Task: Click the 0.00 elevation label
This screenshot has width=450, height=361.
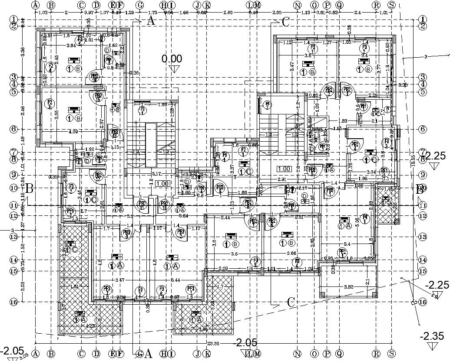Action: [172, 59]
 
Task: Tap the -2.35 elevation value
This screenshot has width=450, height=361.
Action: [432, 336]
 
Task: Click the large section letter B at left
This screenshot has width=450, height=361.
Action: [29, 189]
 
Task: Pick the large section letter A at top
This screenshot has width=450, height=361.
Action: [151, 20]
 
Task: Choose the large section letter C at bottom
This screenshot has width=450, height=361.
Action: [291, 302]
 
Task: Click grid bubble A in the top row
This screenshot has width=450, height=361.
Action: [36, 5]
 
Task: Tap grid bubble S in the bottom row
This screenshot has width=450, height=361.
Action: [392, 354]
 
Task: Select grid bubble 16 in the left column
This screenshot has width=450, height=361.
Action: [14, 302]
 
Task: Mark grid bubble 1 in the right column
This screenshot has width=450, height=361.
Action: [422, 20]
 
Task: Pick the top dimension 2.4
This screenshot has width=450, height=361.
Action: [358, 13]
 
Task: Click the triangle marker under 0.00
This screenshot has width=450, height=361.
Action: [175, 70]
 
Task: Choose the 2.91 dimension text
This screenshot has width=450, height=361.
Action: [281, 179]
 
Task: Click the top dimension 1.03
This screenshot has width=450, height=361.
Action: [43, 13]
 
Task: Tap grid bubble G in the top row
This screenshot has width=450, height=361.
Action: [140, 5]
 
